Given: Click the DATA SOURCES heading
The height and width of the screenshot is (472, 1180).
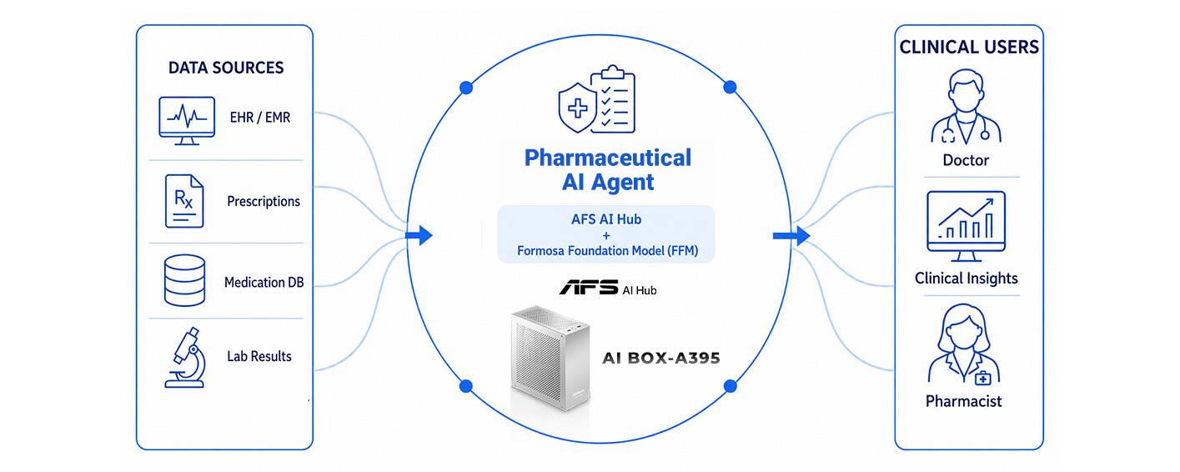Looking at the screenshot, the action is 226,68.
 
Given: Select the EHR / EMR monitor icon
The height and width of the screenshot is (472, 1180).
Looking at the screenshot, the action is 187,121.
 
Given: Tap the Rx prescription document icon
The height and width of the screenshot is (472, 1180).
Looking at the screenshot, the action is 183,201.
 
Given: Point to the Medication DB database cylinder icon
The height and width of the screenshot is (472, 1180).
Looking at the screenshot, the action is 184,280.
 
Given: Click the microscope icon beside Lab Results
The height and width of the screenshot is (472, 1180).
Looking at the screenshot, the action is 185,358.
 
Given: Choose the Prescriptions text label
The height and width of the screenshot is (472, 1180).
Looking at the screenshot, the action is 264,201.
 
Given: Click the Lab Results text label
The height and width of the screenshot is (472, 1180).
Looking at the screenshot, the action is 259,356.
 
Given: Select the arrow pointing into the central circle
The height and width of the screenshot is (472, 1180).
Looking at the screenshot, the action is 419,235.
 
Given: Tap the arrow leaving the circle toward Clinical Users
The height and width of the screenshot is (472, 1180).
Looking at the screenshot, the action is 791,235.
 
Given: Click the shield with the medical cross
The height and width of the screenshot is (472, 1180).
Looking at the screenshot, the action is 577,108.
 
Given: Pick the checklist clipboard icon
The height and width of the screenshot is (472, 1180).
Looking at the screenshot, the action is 613,99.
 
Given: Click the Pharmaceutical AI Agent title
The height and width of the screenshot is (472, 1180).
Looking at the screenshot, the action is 608,169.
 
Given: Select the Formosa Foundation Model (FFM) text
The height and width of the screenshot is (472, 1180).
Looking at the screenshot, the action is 607,251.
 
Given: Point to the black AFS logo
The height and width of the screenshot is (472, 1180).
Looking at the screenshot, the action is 589,287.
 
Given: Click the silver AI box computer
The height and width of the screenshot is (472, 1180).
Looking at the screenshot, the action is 550,359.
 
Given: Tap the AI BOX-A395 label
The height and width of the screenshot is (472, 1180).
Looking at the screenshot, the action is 661,359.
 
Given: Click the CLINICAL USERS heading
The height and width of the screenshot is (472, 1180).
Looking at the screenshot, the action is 969,48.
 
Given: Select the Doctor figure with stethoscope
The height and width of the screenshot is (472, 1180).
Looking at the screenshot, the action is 966,107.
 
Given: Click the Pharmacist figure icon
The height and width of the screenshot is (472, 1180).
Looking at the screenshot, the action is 964,344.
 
